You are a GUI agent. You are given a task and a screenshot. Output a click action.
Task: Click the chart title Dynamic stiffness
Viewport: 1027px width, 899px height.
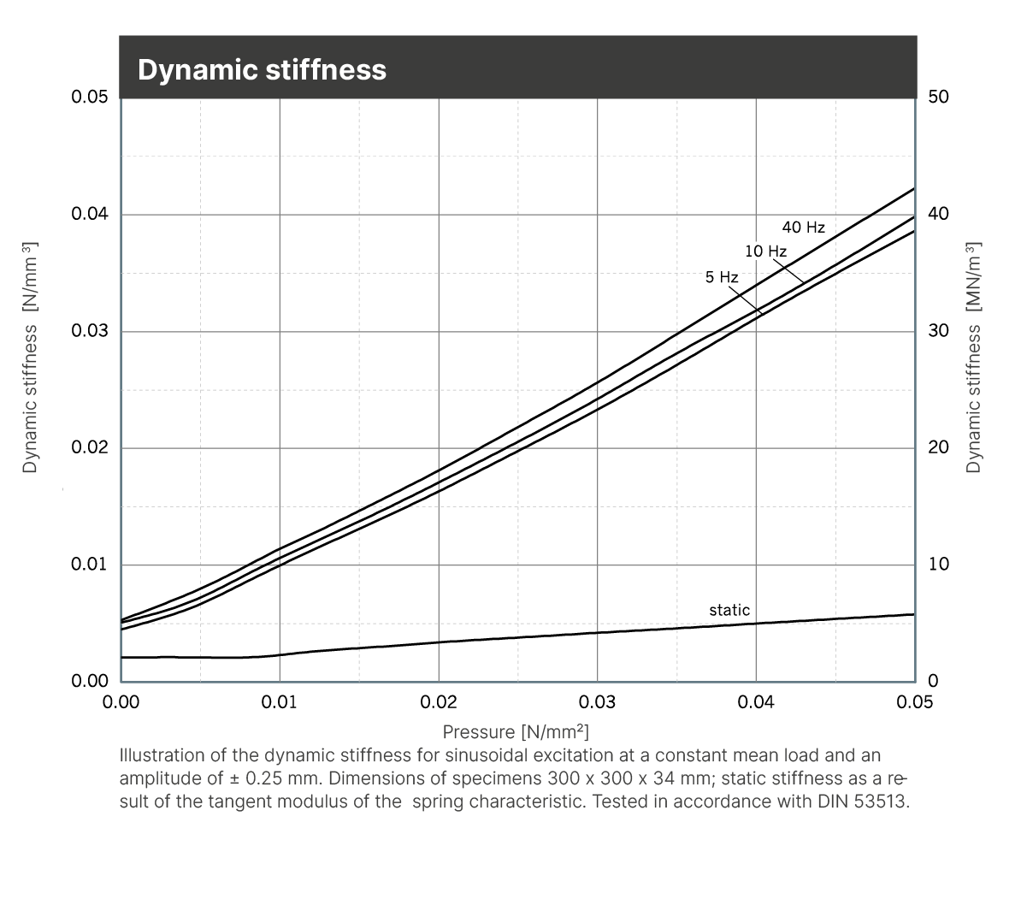pyautogui.click(x=262, y=69)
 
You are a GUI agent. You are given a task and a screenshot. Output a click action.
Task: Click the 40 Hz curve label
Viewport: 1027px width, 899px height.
pyautogui.click(x=803, y=228)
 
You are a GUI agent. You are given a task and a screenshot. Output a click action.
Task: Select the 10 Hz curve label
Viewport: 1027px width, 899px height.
pyautogui.click(x=765, y=251)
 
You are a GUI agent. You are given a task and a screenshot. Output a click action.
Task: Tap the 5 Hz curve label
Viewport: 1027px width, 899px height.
pyautogui.click(x=721, y=277)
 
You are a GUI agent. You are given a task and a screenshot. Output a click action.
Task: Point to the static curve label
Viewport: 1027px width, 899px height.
pyautogui.click(x=729, y=610)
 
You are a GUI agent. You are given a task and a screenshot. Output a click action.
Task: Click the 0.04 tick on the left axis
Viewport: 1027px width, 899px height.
pyautogui.click(x=90, y=214)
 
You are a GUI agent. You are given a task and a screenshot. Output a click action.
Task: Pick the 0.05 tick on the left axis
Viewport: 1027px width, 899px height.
pyautogui.click(x=90, y=97)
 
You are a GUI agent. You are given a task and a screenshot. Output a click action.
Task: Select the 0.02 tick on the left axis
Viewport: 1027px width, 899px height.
pyautogui.click(x=90, y=448)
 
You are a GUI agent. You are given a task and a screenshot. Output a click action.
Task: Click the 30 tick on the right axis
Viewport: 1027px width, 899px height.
pyautogui.click(x=938, y=331)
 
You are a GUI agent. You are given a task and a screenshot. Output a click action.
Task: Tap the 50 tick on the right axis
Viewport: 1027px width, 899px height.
pyautogui.click(x=938, y=97)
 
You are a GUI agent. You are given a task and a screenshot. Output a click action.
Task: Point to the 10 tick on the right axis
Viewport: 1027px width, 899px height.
pyautogui.click(x=938, y=565)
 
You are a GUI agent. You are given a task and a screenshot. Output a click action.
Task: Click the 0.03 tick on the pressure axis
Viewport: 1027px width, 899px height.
pyautogui.click(x=597, y=703)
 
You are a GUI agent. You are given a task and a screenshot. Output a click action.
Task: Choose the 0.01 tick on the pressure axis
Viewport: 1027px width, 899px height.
pyautogui.click(x=280, y=703)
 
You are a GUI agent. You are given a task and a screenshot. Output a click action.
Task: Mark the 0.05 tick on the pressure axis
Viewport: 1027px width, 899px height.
pyautogui.click(x=914, y=703)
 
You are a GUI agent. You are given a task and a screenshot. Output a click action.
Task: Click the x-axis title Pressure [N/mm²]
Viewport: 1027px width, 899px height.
pyautogui.click(x=516, y=732)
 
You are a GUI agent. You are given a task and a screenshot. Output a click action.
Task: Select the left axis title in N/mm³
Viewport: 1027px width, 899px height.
pyautogui.click(x=31, y=357)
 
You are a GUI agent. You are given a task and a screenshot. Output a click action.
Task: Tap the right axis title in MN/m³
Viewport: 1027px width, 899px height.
pyautogui.click(x=974, y=357)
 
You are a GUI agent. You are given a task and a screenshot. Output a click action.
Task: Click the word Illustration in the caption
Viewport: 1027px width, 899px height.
pyautogui.click(x=162, y=756)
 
